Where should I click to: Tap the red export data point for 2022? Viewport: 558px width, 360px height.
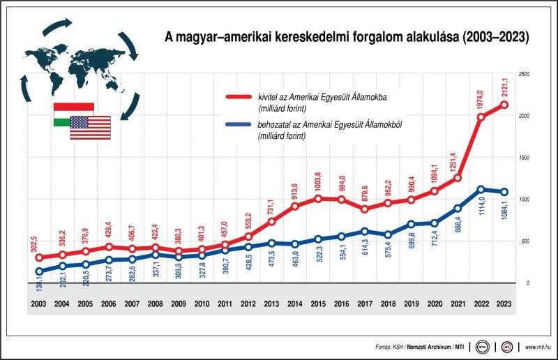coord(481,117)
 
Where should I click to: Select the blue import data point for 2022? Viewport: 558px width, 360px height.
coord(481,189)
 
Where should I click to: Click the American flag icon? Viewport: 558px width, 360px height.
coord(90,127)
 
